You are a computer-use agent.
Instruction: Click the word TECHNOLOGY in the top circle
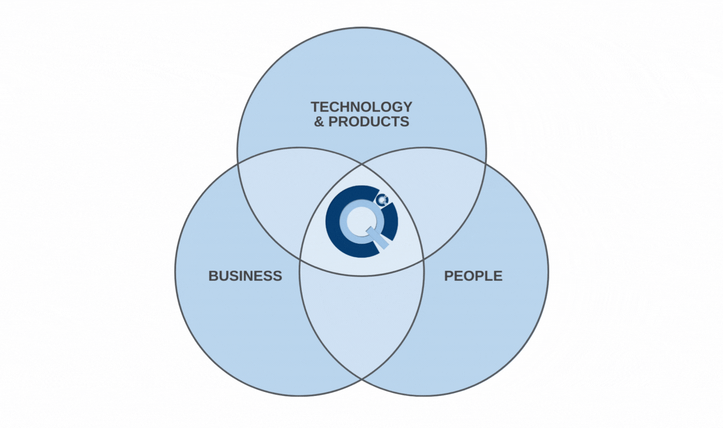coord(361,106)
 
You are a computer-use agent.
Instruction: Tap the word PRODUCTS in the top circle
coord(368,121)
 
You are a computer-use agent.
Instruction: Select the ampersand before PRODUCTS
coord(319,121)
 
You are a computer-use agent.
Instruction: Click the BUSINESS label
coord(245,276)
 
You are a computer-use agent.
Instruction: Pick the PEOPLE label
coord(473,276)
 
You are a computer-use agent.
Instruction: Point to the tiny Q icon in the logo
coord(381,200)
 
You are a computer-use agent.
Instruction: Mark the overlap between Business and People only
coord(361,321)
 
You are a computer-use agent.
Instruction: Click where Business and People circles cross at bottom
coord(361,379)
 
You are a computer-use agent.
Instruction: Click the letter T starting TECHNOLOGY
coord(315,106)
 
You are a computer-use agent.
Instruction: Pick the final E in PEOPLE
coord(498,276)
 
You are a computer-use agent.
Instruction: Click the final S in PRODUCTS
coord(404,121)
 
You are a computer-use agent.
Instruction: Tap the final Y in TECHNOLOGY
coord(408,106)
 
